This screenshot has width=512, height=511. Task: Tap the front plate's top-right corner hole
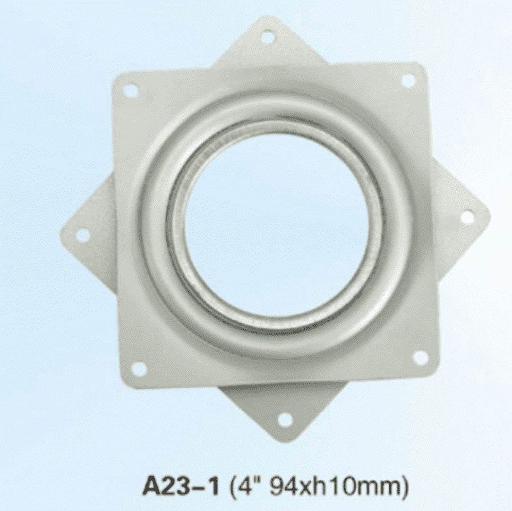pos(408,81)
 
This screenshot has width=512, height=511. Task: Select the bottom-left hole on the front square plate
pos(139,369)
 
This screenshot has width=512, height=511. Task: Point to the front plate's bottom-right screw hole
pos(420,358)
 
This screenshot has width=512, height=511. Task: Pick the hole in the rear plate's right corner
pos(467,217)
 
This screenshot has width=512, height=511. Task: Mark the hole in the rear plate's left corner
pos(83,235)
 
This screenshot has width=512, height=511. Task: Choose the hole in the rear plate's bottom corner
pos(285,419)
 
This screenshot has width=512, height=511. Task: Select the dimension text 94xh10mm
pos(336,486)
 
